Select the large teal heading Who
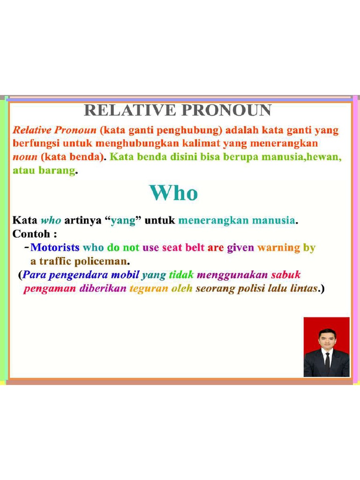(173, 193)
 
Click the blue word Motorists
(55, 247)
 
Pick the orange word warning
(278, 247)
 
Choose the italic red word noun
(25, 157)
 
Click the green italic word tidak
(181, 275)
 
